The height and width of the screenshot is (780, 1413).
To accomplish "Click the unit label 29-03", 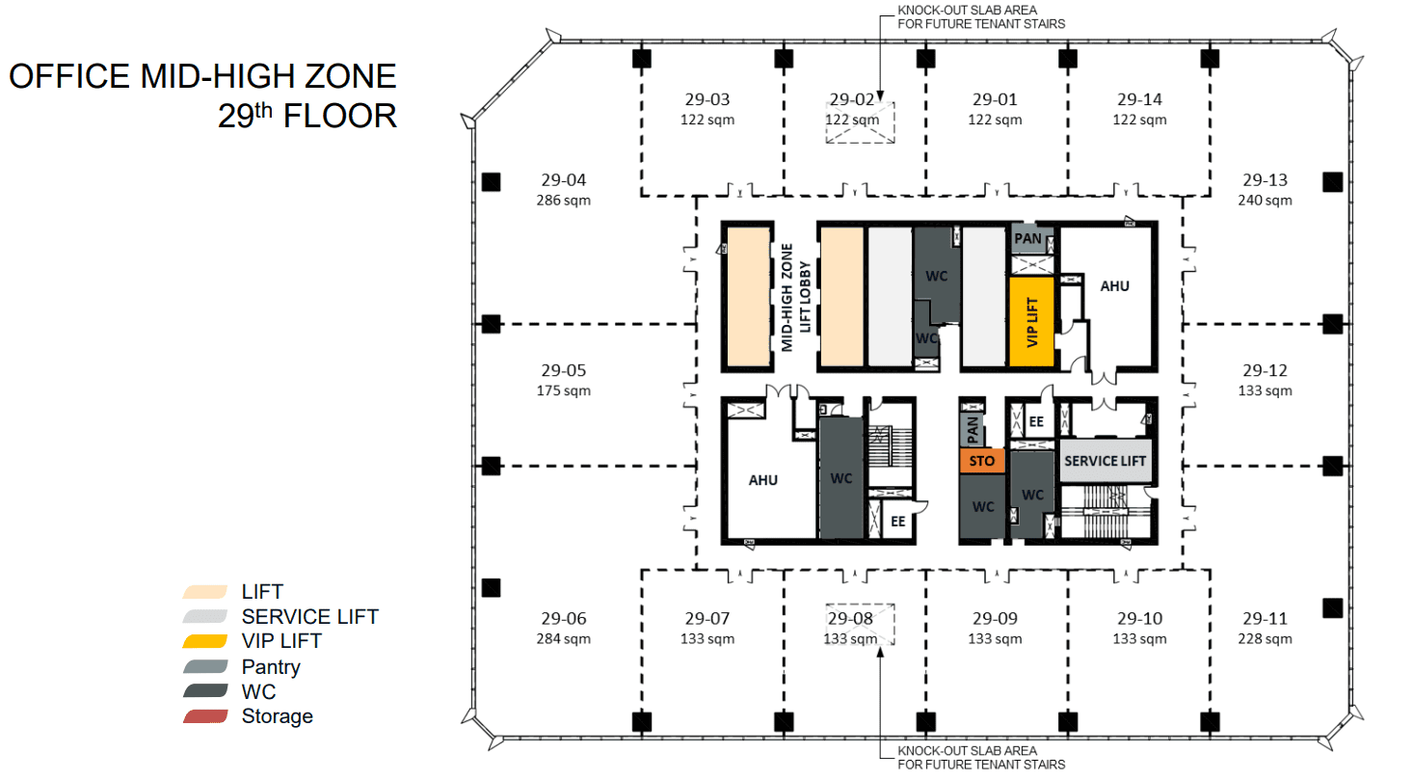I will point(708,99).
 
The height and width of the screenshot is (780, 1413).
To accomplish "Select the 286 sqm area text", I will point(564,201).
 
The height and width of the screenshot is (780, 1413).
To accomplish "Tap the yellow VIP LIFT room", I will point(1030,321).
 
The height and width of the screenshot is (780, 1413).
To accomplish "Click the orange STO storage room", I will point(981,462).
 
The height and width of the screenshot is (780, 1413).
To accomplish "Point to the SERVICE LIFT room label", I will point(1105,462).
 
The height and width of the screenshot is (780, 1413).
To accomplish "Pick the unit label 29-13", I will point(1265,179).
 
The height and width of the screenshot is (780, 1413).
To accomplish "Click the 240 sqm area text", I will point(1265,201).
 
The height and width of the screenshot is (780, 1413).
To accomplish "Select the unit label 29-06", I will point(564,618).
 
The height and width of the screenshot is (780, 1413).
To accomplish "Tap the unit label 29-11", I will point(1265,618).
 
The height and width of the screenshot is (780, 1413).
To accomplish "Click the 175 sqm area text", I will point(564,390).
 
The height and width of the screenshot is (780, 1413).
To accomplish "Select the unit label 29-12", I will point(1265,370).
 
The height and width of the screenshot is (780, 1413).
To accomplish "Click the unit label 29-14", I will point(1139,99).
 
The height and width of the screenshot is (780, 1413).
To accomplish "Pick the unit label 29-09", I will point(995,618).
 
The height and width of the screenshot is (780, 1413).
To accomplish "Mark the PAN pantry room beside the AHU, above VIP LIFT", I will point(1028,238).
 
